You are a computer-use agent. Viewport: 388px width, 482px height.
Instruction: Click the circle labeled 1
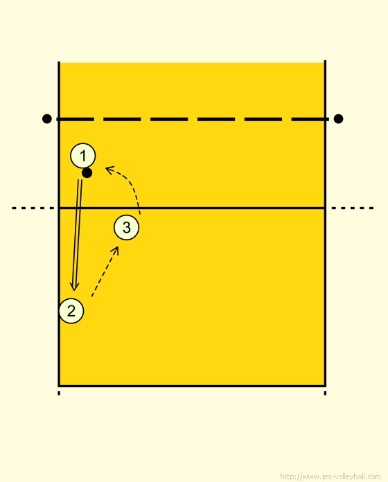(83, 156)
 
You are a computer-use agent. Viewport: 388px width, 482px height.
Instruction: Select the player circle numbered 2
(71, 311)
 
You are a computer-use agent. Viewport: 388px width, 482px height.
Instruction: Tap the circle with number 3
(126, 227)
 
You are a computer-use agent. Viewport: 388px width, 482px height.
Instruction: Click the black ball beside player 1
(87, 173)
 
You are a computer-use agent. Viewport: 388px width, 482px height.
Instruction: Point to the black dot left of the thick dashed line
(46, 118)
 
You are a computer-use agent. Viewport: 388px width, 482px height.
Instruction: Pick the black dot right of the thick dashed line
(339, 118)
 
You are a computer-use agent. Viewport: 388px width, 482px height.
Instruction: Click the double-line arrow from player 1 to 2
(77, 235)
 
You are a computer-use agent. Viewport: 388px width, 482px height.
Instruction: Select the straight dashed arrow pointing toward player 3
(105, 271)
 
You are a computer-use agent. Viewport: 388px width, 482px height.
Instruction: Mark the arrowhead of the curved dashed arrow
(109, 170)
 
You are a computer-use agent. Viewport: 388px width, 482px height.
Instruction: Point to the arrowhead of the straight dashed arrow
(115, 251)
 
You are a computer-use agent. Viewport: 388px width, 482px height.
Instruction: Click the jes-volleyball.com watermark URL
(330, 476)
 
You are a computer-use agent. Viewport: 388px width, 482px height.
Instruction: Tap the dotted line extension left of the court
(33, 208)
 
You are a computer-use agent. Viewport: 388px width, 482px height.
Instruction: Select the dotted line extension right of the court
(353, 208)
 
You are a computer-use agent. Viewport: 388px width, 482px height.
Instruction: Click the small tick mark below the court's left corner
(59, 393)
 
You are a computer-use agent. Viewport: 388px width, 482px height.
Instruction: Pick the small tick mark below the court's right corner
(325, 393)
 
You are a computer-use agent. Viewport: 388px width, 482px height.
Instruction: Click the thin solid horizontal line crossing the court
(192, 208)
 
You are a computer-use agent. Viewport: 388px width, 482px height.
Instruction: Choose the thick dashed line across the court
(193, 119)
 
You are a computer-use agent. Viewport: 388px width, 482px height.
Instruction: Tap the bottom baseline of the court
(192, 386)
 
